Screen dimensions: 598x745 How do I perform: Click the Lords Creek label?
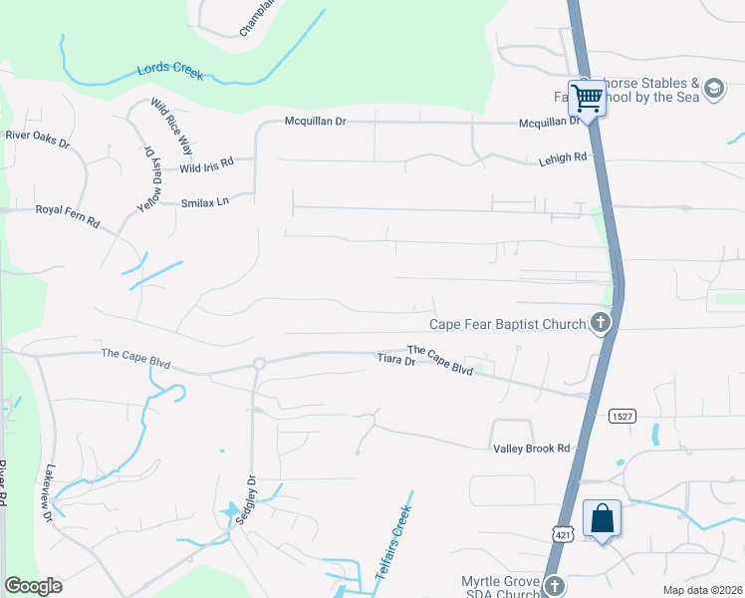pyautogui.click(x=169, y=73)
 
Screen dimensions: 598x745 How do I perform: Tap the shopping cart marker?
pyautogui.click(x=587, y=99)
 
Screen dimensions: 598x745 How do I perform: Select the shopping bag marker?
pyautogui.click(x=602, y=519)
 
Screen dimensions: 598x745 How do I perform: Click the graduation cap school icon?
pyautogui.click(x=713, y=90)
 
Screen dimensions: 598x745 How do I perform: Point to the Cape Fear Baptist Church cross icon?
pyautogui.click(x=600, y=323)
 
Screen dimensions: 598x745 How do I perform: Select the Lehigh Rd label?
pyautogui.click(x=563, y=157)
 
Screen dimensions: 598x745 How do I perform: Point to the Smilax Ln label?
pyautogui.click(x=205, y=201)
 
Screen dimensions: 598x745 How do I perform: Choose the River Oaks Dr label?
pyautogui.click(x=38, y=139)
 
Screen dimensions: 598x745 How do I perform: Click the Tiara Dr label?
pyautogui.click(x=394, y=360)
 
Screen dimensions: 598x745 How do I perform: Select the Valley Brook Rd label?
pyautogui.click(x=531, y=448)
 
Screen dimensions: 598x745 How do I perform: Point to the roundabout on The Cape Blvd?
pyautogui.click(x=258, y=364)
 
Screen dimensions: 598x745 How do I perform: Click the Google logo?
pyautogui.click(x=33, y=586)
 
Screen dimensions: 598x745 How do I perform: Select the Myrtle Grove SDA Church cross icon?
pyautogui.click(x=554, y=585)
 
